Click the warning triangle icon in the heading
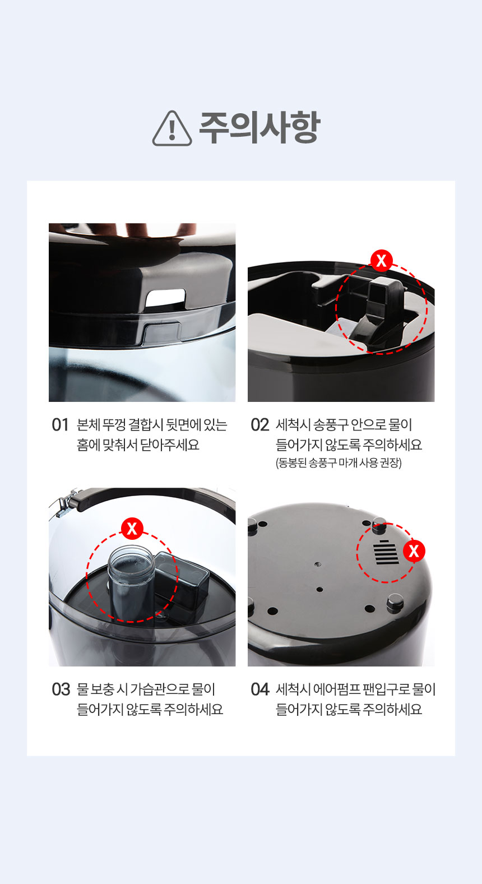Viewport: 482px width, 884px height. tap(172, 129)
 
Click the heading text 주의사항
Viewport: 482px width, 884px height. tap(259, 128)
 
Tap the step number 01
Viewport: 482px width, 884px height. tap(60, 425)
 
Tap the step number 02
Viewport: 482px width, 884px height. tap(259, 425)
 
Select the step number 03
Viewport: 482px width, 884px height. tap(61, 689)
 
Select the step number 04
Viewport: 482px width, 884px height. tap(260, 689)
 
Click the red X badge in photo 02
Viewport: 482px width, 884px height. tap(382, 261)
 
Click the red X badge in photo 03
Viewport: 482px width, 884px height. tap(132, 528)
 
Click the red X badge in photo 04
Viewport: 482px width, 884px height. tap(414, 551)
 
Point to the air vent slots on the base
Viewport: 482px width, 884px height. tap(386, 552)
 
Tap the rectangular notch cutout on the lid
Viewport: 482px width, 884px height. tap(165, 298)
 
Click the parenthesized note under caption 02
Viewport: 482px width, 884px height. tap(339, 463)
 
